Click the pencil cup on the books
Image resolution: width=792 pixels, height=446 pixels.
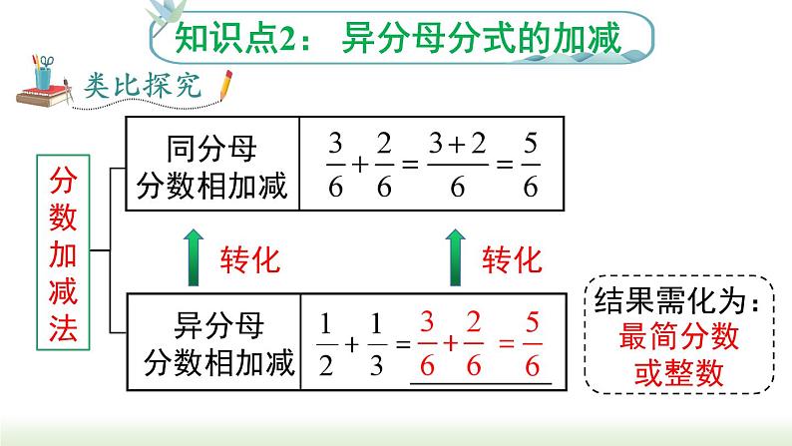click(44, 75)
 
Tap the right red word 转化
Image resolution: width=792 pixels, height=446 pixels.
click(512, 260)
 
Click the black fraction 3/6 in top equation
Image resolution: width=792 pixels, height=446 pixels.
click(332, 165)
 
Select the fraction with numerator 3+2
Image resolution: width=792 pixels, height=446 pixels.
click(458, 165)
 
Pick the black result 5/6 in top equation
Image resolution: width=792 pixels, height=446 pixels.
click(532, 165)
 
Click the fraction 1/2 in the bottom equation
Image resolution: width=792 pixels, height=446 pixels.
click(324, 343)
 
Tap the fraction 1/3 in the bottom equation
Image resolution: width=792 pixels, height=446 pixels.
click(376, 343)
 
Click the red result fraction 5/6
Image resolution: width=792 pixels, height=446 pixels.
click(532, 344)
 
